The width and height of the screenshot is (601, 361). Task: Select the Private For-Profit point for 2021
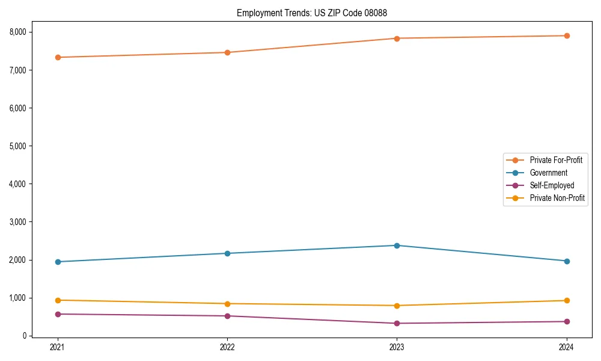pyautogui.click(x=58, y=57)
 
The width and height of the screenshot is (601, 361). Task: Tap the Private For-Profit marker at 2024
pyautogui.click(x=567, y=35)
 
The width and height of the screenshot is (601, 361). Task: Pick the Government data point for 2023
pyautogui.click(x=397, y=245)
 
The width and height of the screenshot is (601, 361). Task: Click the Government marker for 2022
pyautogui.click(x=227, y=253)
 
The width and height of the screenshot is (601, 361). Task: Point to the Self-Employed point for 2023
pyautogui.click(x=397, y=323)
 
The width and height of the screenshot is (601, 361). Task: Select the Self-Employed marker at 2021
pyautogui.click(x=58, y=314)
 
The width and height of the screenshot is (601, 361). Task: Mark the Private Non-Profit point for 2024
pyautogui.click(x=567, y=300)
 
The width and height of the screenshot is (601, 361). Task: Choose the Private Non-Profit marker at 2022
pyautogui.click(x=227, y=304)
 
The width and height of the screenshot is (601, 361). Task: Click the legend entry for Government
pyautogui.click(x=548, y=173)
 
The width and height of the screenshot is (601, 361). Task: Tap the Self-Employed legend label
pyautogui.click(x=552, y=185)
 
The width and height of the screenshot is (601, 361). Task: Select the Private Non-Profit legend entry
pyautogui.click(x=557, y=198)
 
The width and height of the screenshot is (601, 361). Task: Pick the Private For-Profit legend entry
pyautogui.click(x=556, y=160)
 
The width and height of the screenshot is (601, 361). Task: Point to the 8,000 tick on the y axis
pyautogui.click(x=17, y=32)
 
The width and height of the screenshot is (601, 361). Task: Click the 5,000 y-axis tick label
pyautogui.click(x=17, y=146)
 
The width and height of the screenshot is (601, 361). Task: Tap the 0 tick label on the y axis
pyautogui.click(x=25, y=336)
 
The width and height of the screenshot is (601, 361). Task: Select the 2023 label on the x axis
pyautogui.click(x=397, y=347)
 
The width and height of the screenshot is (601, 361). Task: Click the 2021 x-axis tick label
pyautogui.click(x=58, y=347)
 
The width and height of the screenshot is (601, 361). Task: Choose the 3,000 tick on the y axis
pyautogui.click(x=17, y=222)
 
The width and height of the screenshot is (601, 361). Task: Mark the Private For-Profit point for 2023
pyautogui.click(x=397, y=39)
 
